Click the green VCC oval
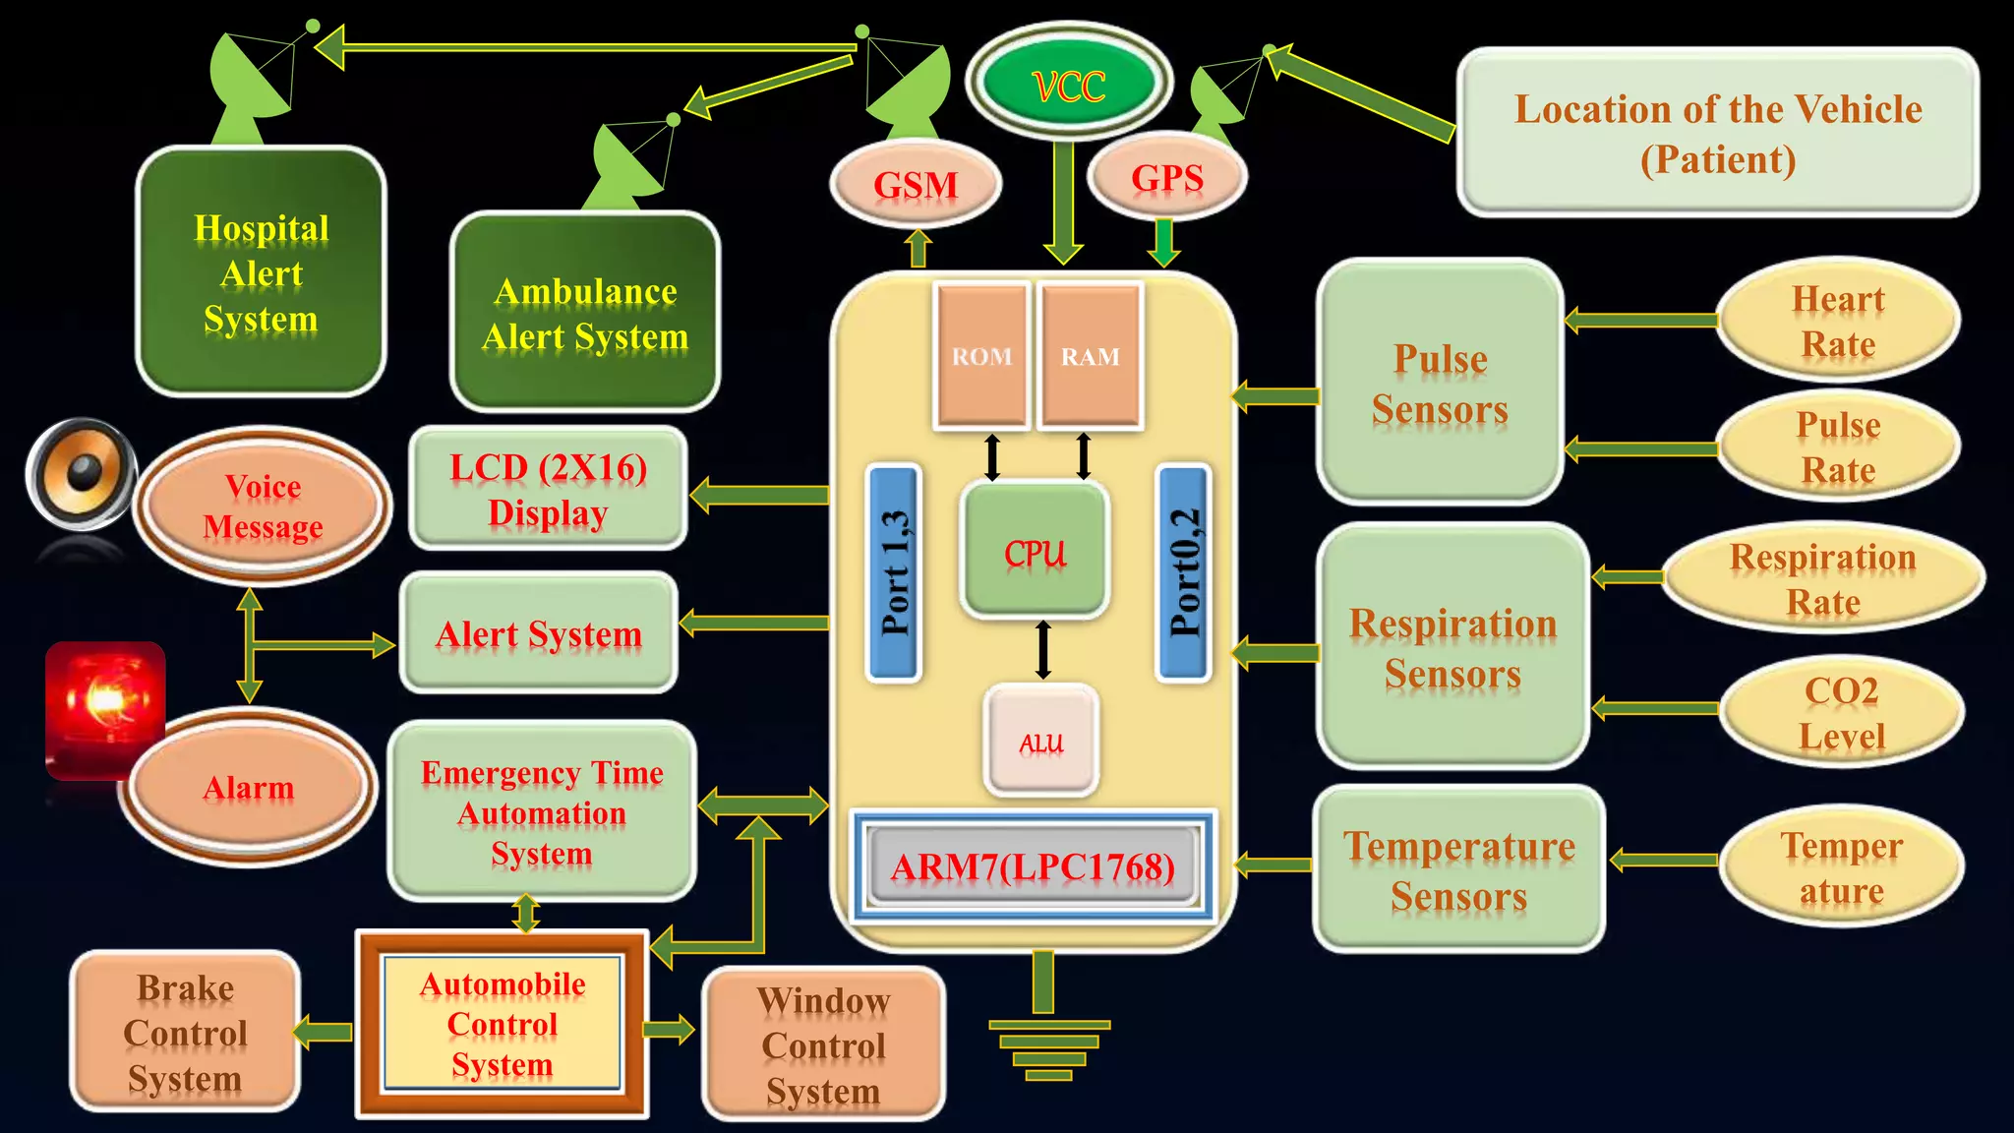(x=1069, y=85)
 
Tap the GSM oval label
(x=916, y=184)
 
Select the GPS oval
(x=1167, y=178)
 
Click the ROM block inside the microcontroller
(x=981, y=356)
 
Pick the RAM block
(x=1091, y=356)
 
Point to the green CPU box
(x=1036, y=552)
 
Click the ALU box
(x=1041, y=741)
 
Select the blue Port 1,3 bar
(x=894, y=572)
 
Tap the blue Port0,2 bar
(x=1183, y=572)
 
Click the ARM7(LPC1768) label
(x=1033, y=866)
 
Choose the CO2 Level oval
(x=1841, y=712)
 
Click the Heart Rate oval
(x=1838, y=321)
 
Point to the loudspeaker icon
(x=81, y=474)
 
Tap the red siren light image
(x=104, y=706)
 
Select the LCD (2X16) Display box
(x=548, y=489)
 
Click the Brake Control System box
(x=185, y=1032)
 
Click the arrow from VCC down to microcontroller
(x=1063, y=203)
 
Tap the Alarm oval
(x=248, y=787)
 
